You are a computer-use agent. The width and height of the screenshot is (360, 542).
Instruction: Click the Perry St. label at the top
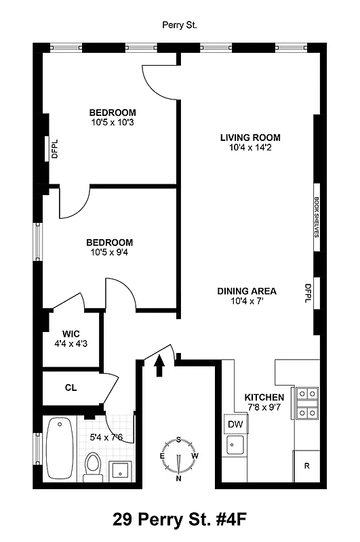tap(180, 25)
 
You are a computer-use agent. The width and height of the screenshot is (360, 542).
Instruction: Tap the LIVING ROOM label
tap(249, 138)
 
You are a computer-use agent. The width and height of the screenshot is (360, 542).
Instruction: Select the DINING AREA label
tap(246, 291)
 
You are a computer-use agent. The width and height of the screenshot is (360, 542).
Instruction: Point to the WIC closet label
tap(72, 333)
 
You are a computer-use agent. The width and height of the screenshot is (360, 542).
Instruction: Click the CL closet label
tap(71, 388)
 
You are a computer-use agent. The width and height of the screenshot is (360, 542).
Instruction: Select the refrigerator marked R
tap(306, 466)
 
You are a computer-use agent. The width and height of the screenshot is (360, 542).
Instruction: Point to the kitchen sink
tap(236, 446)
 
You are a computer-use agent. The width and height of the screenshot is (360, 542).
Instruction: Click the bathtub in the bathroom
tap(60, 448)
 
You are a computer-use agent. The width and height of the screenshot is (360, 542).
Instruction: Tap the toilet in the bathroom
tap(92, 466)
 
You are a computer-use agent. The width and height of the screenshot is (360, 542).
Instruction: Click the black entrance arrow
tap(160, 365)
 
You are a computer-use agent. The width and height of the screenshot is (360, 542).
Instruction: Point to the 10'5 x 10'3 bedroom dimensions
tap(113, 123)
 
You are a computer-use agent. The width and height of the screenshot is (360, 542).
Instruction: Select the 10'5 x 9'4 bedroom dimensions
tap(108, 253)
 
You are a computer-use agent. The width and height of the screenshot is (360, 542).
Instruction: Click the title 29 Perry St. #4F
tap(180, 520)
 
